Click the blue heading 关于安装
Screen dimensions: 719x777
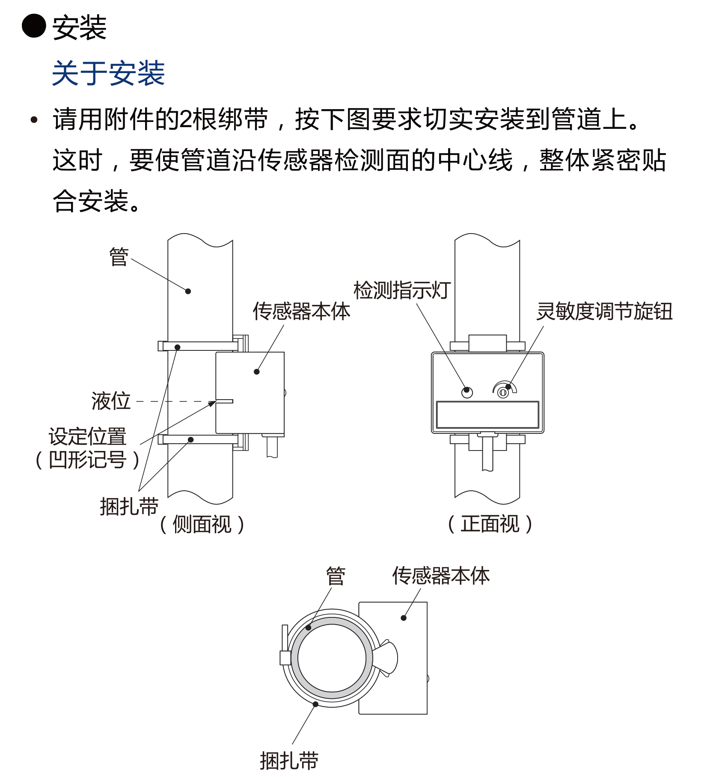tap(108, 73)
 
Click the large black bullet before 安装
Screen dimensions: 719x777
tap(34, 26)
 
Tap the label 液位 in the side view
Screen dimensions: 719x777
tap(111, 401)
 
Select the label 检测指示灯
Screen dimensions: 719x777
tap(402, 290)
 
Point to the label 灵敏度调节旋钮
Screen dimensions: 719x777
tap(604, 311)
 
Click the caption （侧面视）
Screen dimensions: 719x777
tap(202, 524)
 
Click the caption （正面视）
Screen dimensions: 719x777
tap(490, 524)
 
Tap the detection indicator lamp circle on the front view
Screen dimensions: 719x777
tap(467, 392)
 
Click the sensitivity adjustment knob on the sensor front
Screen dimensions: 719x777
tap(503, 392)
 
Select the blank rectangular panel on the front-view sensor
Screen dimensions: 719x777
tap(487, 415)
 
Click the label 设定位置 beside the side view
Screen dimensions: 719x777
tap(87, 436)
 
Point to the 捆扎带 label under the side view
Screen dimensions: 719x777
tap(129, 507)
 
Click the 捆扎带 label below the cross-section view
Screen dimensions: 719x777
tap(289, 761)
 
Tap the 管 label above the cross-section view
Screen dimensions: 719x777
tap(336, 576)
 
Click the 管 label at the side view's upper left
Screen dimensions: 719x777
tap(119, 257)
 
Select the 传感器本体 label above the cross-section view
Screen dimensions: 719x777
tap(441, 575)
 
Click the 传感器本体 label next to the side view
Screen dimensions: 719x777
tap(301, 311)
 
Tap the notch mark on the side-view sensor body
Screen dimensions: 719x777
tap(224, 401)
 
